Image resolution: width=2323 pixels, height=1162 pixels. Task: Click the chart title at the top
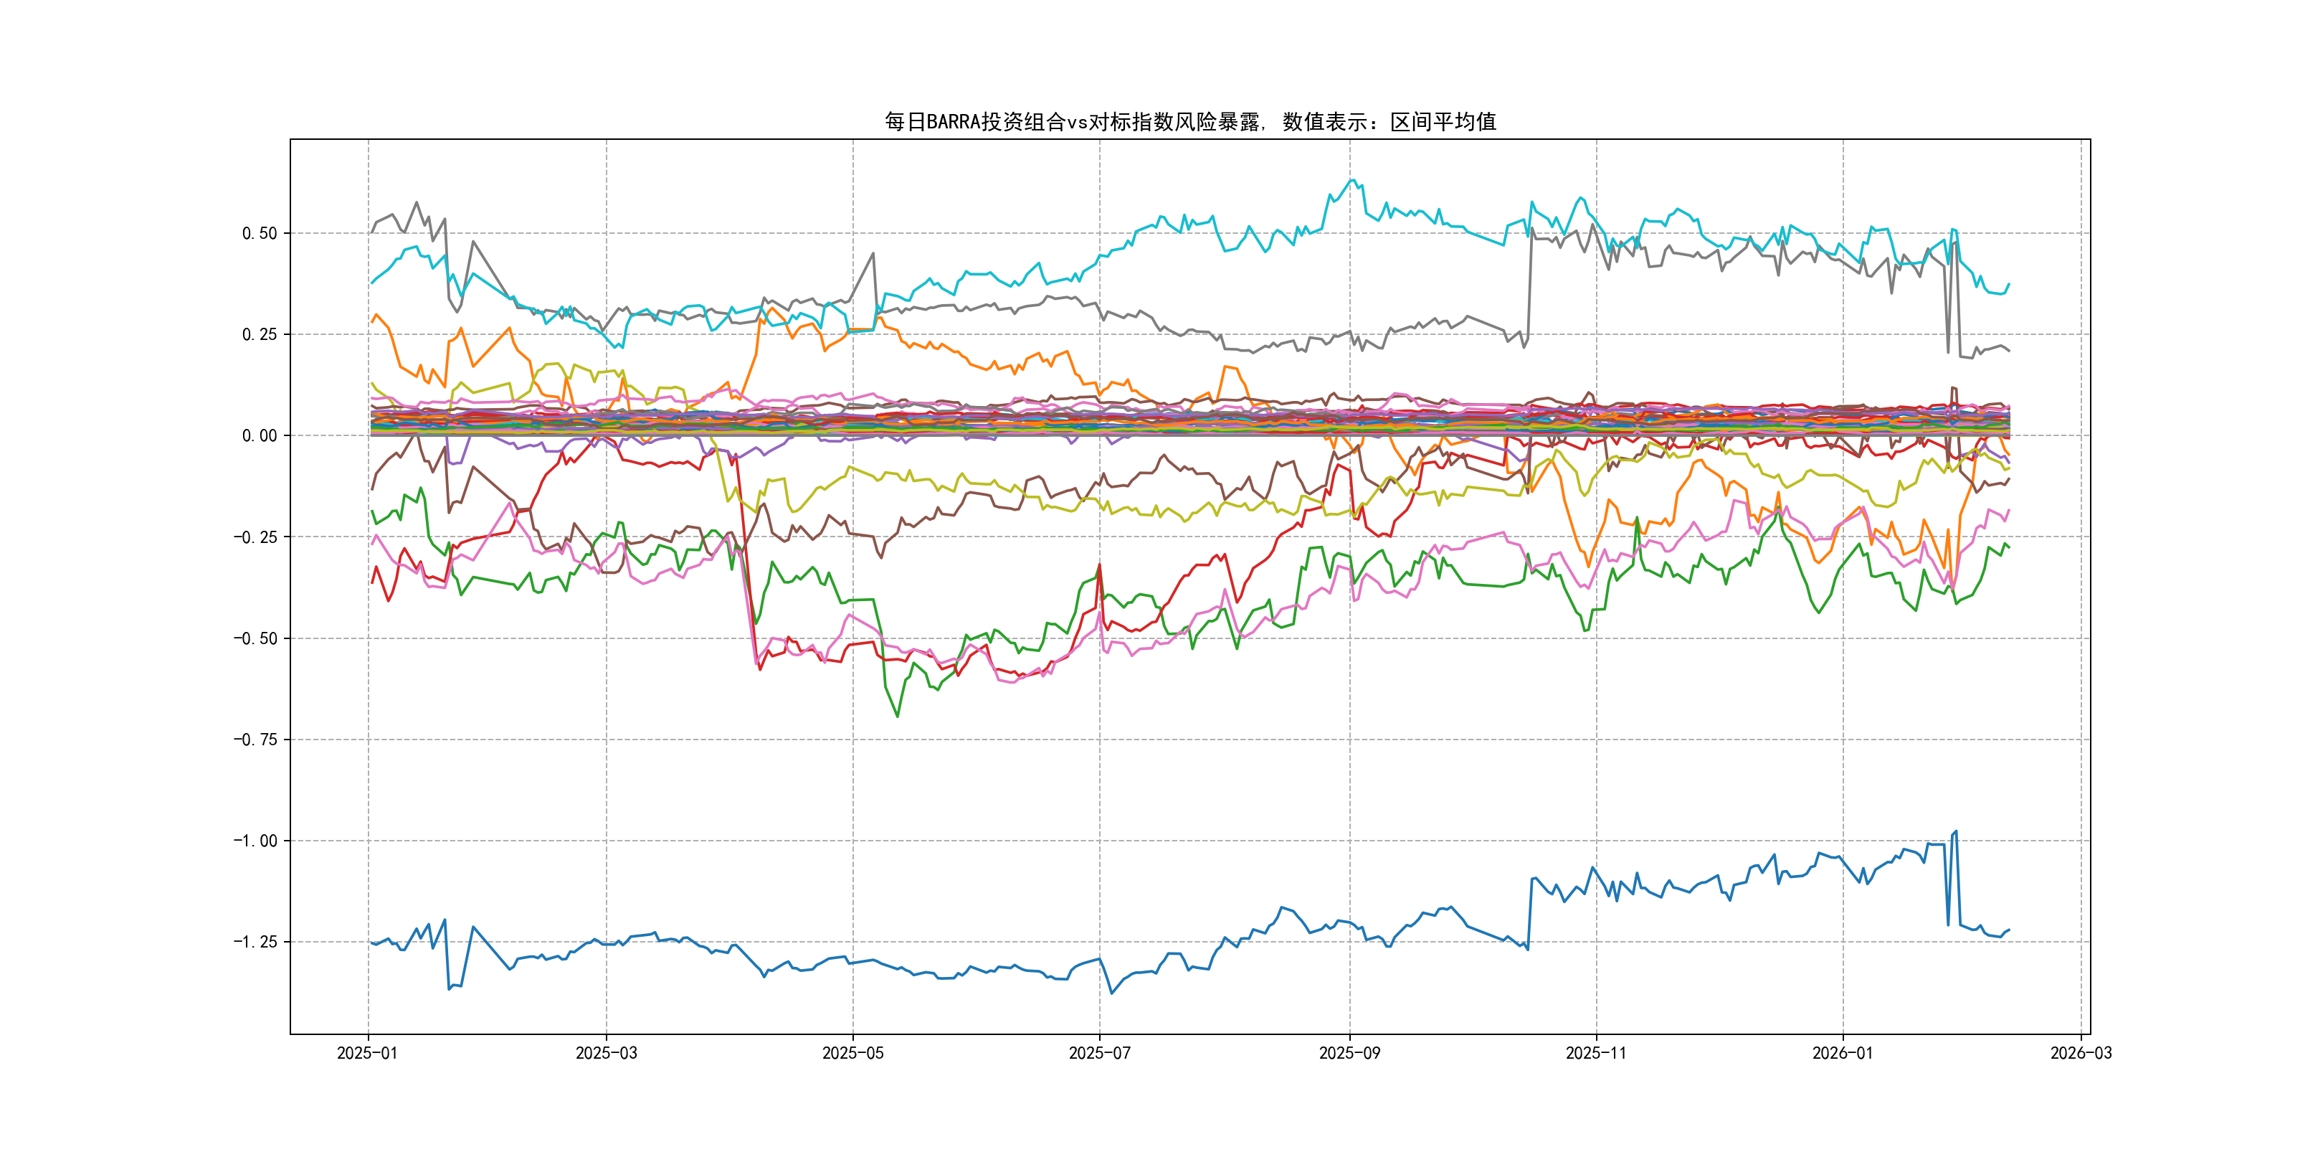(1189, 122)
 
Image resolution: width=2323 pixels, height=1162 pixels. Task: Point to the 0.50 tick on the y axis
(259, 234)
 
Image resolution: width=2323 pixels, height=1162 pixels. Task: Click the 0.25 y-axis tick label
(259, 335)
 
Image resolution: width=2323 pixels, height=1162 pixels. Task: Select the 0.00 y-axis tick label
(259, 436)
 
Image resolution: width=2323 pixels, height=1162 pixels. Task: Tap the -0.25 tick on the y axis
(255, 537)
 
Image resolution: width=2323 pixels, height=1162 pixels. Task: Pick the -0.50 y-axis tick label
(255, 638)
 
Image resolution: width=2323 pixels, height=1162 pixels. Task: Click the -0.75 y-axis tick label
(255, 740)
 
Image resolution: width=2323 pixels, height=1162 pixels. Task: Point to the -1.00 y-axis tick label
(255, 841)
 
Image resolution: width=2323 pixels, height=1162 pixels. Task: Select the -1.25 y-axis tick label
(255, 942)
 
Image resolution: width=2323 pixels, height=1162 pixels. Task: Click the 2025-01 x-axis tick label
(367, 1053)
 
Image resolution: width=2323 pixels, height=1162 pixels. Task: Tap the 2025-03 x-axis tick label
(606, 1053)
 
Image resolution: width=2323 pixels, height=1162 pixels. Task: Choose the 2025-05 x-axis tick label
(852, 1053)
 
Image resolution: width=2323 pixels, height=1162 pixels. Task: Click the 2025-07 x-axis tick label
(1099, 1053)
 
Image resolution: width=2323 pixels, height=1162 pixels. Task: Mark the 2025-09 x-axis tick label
(1349, 1053)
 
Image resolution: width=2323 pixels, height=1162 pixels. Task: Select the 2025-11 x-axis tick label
(1596, 1053)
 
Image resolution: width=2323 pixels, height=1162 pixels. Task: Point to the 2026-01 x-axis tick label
(1843, 1053)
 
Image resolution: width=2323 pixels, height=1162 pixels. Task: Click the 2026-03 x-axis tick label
(2081, 1053)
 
